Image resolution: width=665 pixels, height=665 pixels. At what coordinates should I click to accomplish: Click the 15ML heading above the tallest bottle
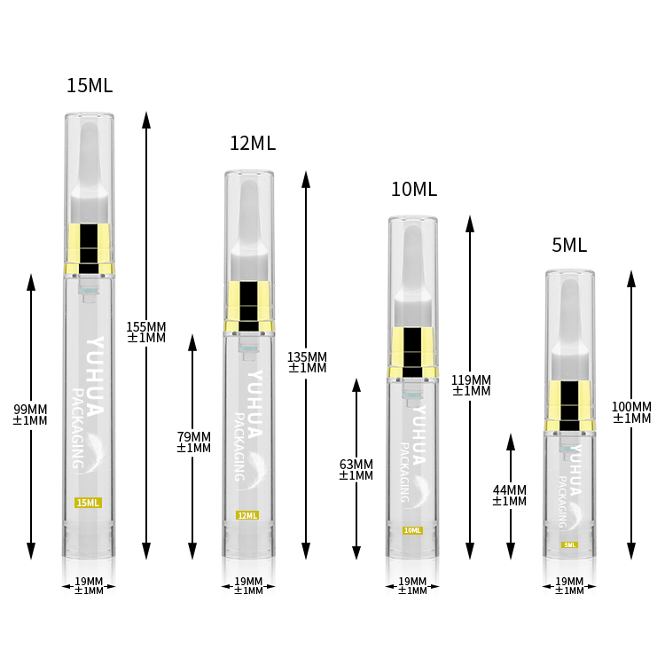click(x=90, y=85)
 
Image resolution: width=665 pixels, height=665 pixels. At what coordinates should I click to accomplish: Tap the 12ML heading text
click(x=253, y=144)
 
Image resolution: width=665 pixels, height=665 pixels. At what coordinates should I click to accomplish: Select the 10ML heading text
click(x=414, y=189)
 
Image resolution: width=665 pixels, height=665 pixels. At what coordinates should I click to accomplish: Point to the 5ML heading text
click(x=569, y=245)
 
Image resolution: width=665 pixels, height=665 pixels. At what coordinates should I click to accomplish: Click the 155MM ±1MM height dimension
click(x=146, y=332)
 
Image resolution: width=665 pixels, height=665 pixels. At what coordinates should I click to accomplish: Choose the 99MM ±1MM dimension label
click(x=30, y=415)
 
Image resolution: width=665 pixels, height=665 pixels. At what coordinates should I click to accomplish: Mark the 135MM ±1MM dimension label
click(x=308, y=362)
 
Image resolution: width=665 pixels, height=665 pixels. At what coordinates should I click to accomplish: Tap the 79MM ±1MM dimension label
click(x=194, y=442)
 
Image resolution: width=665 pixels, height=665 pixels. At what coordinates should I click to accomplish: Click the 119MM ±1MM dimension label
click(x=471, y=385)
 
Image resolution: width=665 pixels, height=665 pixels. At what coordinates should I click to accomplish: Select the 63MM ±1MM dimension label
click(x=356, y=469)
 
